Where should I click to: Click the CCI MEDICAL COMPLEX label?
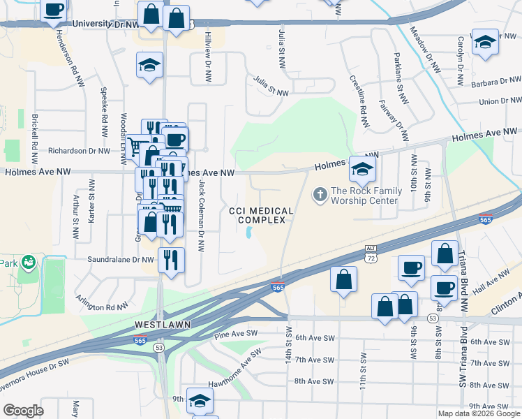pyautogui.click(x=261, y=215)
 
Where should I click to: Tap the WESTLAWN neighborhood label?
pyautogui.click(x=160, y=325)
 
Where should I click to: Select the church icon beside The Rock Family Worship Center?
pyautogui.click(x=320, y=194)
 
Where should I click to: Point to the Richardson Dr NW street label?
pyautogui.click(x=79, y=150)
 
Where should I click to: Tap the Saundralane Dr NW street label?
pyautogui.click(x=120, y=259)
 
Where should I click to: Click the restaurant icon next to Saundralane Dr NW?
pyautogui.click(x=171, y=260)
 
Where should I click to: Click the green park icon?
pyautogui.click(x=28, y=263)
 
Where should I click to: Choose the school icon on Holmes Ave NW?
pyautogui.click(x=362, y=169)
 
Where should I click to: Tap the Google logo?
pyautogui.click(x=23, y=410)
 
